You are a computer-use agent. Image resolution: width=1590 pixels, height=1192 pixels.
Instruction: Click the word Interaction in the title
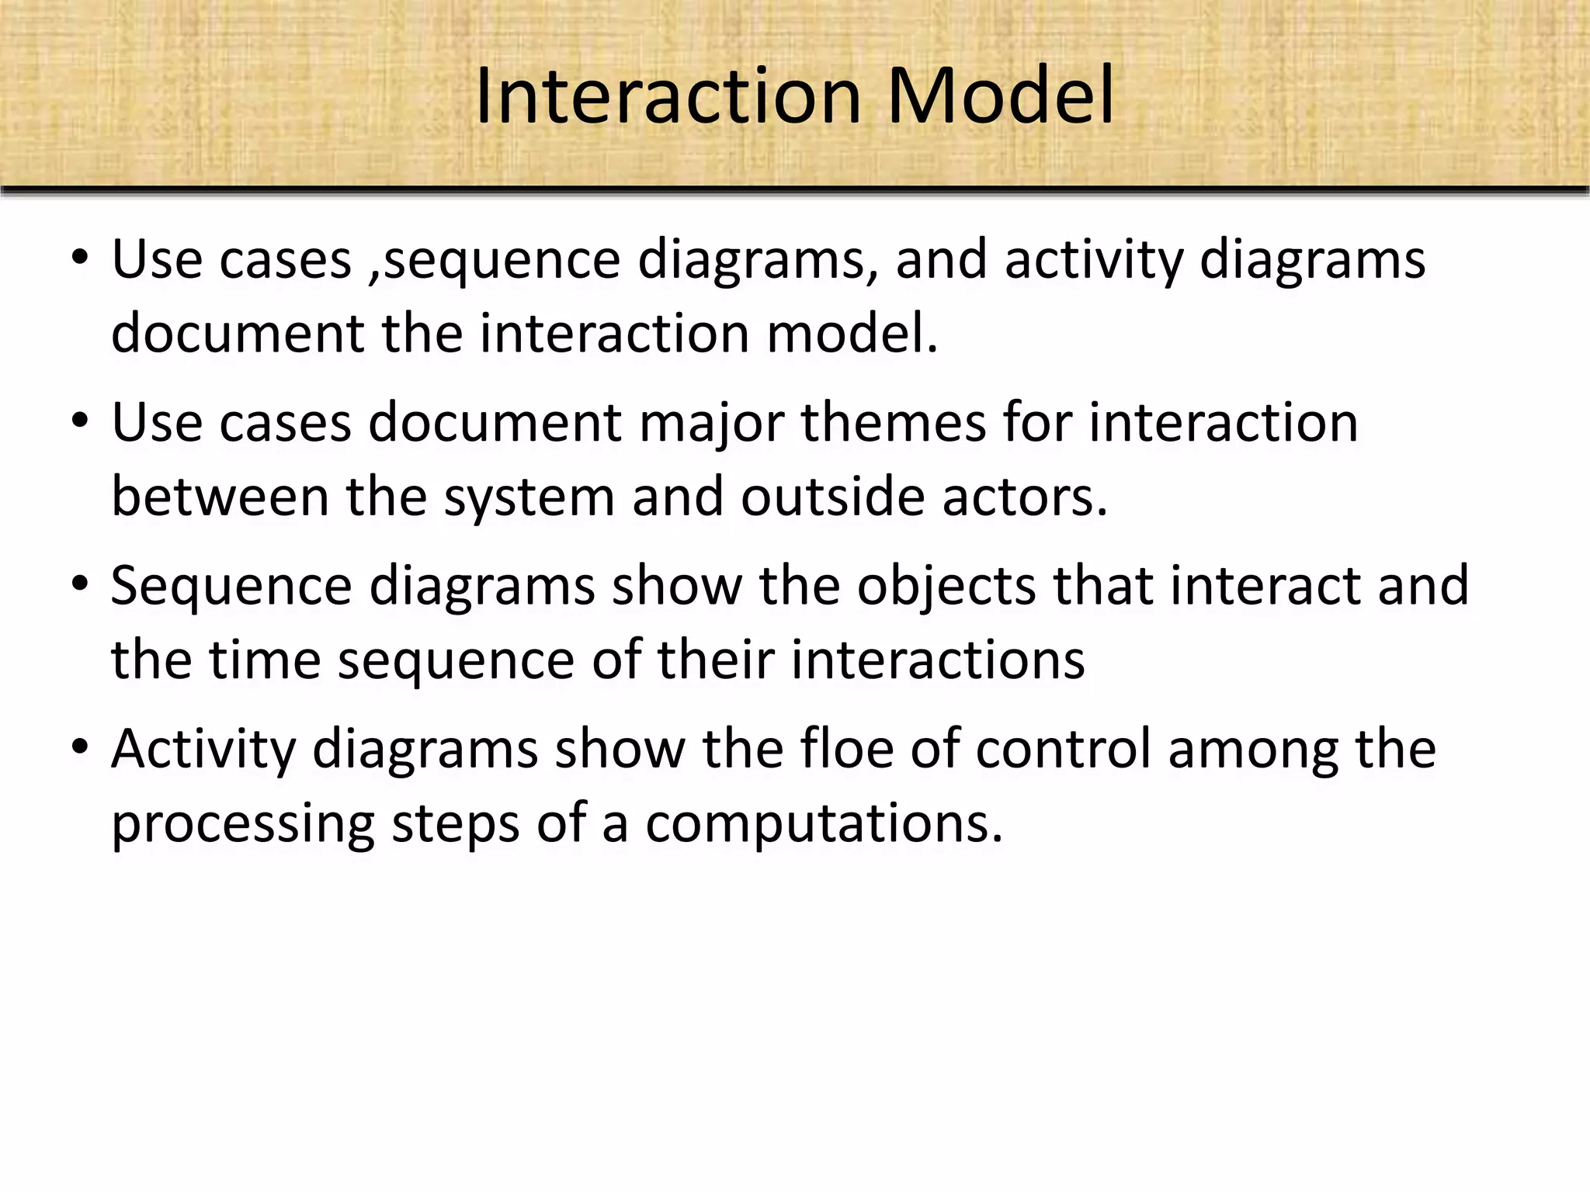[668, 96]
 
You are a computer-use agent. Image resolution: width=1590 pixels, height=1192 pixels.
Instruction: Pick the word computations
[825, 824]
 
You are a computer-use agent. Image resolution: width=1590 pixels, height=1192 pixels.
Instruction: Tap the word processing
[243, 824]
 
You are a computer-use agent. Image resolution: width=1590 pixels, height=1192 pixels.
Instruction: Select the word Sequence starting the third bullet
[231, 587]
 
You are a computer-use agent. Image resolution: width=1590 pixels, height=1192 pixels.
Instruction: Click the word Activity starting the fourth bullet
[203, 750]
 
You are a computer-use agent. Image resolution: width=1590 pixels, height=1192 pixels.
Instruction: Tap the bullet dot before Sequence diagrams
[80, 584]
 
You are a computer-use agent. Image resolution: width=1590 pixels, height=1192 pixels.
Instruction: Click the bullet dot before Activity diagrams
[80, 747]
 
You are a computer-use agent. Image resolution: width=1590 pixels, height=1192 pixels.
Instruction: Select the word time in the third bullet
[265, 660]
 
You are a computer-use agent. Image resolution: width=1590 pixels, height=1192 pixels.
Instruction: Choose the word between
[220, 497]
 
